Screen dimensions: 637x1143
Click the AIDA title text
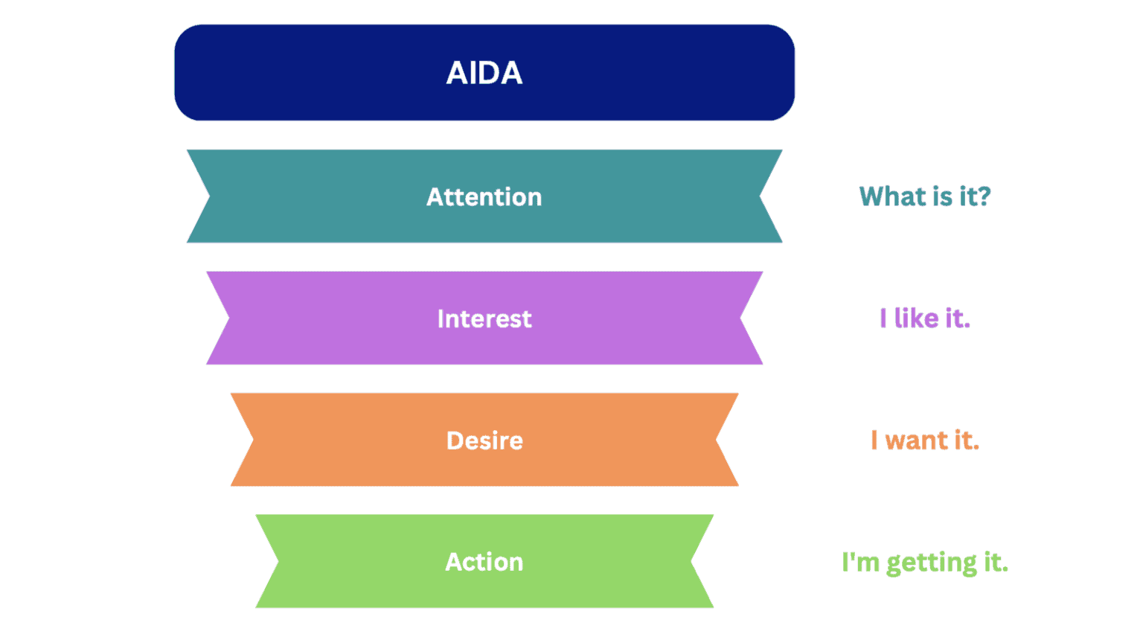484,73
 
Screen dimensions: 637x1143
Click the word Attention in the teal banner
484,197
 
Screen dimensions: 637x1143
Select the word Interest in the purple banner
484,319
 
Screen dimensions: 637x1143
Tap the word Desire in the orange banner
484,441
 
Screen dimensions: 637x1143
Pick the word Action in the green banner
484,562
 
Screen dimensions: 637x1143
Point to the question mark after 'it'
984,196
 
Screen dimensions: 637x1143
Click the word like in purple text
916,318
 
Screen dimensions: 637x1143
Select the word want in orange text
916,441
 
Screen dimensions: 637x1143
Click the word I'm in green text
860,563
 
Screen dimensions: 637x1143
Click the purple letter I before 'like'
883,318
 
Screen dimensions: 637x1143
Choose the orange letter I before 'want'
874,441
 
